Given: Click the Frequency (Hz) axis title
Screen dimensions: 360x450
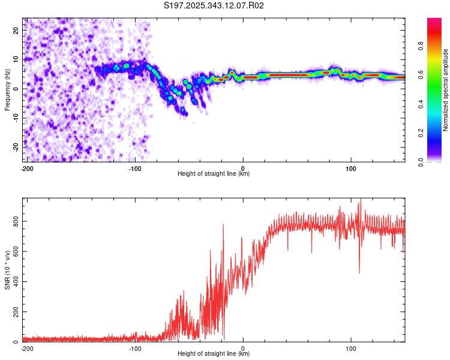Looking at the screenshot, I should [7, 90].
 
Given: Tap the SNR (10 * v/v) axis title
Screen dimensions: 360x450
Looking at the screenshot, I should [7, 270].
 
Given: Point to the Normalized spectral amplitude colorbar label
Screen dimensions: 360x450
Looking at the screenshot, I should [445, 90].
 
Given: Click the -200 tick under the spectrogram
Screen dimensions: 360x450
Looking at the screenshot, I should [26, 168].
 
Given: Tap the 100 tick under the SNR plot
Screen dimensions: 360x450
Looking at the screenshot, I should [352, 348].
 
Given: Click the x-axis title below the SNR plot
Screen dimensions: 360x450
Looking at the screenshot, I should [214, 354].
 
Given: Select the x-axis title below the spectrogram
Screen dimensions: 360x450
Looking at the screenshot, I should [214, 174].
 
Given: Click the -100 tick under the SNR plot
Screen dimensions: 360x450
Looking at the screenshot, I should [134, 348].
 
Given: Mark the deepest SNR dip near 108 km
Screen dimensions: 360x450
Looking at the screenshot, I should [359, 273].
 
